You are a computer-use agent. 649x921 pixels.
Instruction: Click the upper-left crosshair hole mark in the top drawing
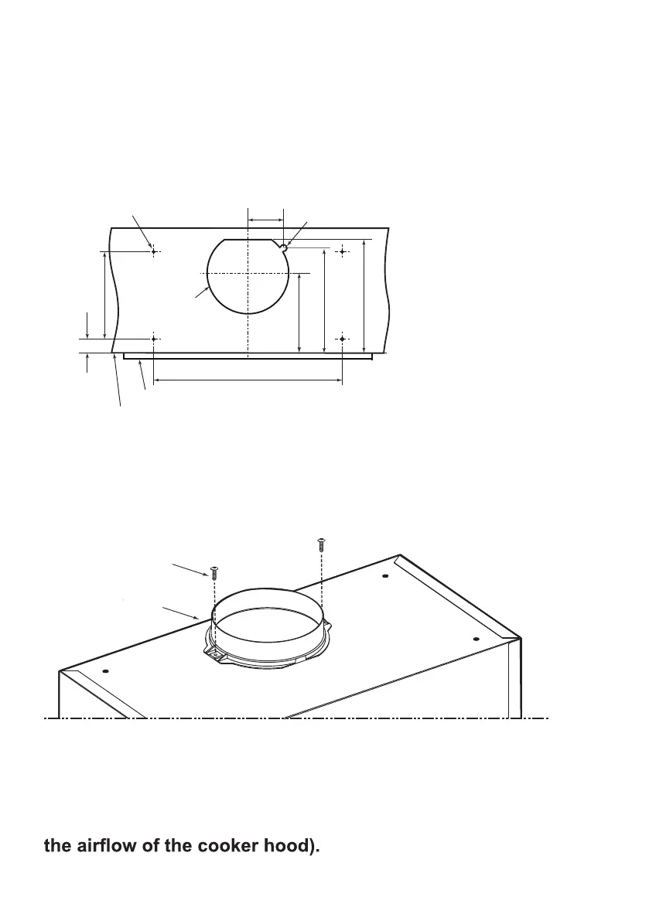[x=154, y=251]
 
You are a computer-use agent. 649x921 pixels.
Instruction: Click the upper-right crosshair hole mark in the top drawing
[x=343, y=251]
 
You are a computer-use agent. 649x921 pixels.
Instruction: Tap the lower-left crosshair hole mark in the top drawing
[x=154, y=339]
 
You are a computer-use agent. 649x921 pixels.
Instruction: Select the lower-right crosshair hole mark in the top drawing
[x=343, y=339]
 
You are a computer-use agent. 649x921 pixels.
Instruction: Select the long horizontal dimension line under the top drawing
[x=248, y=380]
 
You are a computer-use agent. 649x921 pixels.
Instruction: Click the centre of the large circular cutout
[x=248, y=274]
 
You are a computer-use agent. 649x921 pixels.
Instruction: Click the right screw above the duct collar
[x=321, y=544]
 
